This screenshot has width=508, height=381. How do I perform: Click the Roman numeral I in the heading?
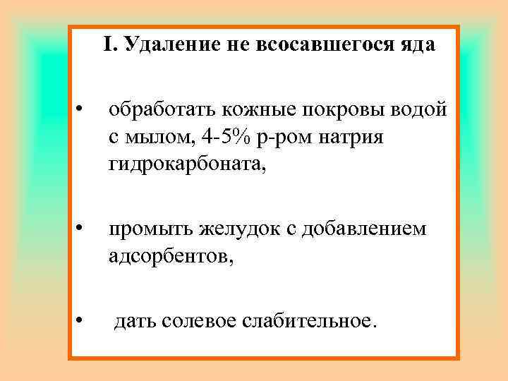(x=108, y=45)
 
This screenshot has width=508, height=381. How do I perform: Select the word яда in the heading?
(x=416, y=45)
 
